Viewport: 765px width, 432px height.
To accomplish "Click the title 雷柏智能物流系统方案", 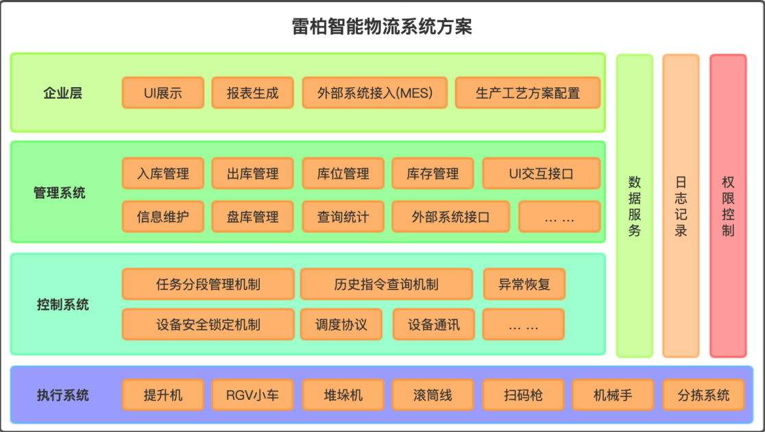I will tap(382, 27).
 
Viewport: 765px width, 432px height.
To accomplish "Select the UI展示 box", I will tap(163, 93).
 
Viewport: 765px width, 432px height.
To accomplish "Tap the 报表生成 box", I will tap(253, 93).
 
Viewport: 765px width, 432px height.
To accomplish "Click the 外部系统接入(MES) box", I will tap(375, 93).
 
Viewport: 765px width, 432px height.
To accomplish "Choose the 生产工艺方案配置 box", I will tap(527, 93).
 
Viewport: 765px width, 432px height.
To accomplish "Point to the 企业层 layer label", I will tap(62, 93).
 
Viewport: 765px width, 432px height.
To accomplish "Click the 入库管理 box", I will tap(163, 173).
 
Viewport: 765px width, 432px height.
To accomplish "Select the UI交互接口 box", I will tap(541, 173).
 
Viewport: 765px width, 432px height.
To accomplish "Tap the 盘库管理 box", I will tap(253, 217).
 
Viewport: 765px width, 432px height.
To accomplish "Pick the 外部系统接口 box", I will tap(450, 217).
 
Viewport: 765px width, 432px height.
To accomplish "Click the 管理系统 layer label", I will tap(60, 193).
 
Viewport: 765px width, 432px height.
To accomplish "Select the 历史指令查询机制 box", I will tap(387, 284).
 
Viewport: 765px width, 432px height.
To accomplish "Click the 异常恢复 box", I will tap(524, 284).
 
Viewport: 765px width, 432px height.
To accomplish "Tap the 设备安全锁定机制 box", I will tap(208, 324).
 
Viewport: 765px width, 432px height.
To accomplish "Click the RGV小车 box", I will tap(253, 395).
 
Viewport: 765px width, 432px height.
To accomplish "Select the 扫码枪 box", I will tap(523, 395).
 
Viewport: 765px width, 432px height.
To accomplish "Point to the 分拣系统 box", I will tap(703, 395).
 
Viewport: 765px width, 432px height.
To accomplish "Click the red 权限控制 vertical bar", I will tap(728, 206).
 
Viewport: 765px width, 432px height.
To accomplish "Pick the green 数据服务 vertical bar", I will tap(635, 206).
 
